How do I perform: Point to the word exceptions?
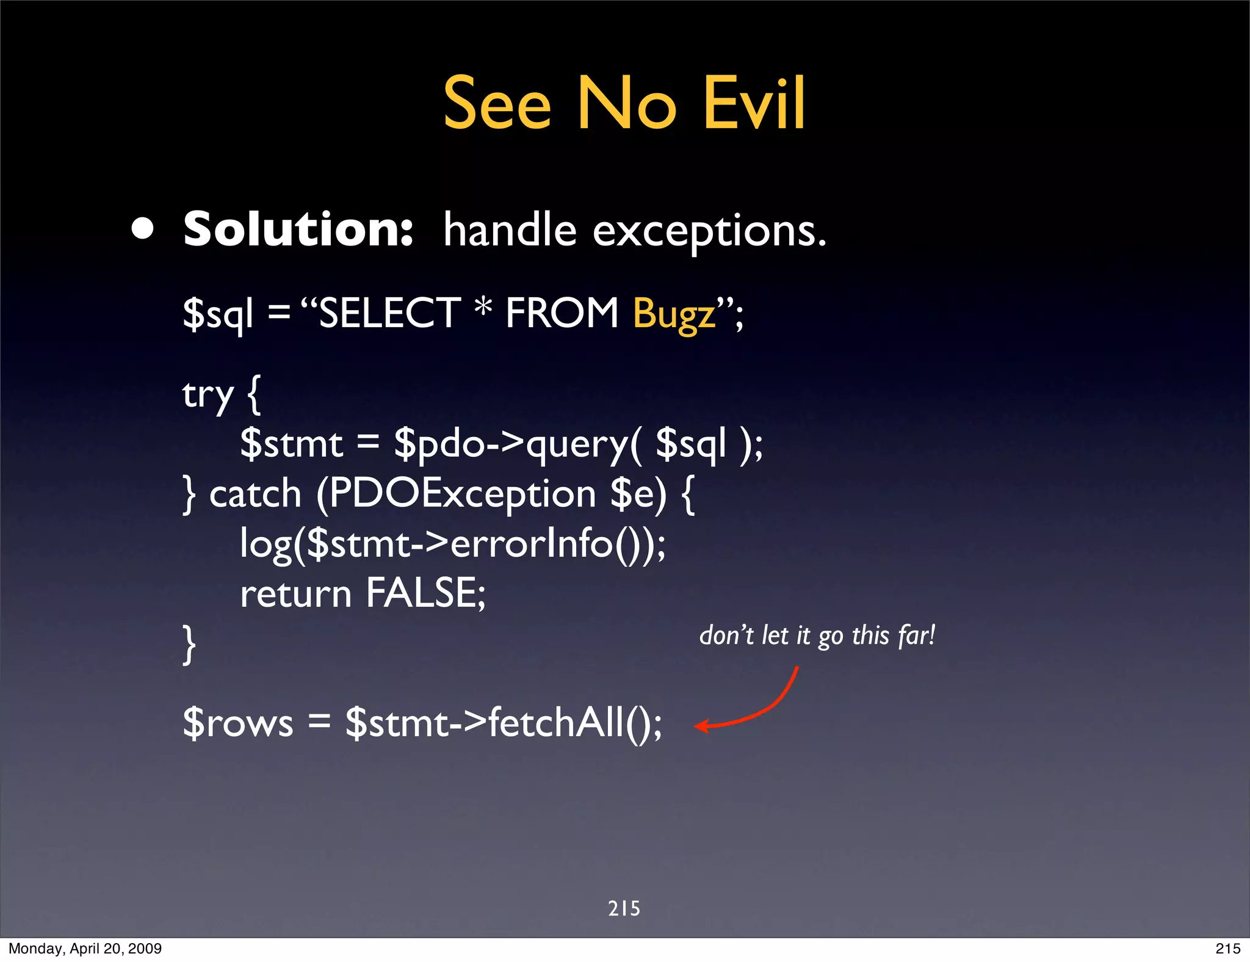tap(709, 232)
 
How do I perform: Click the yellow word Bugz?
tap(674, 314)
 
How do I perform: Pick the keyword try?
tap(208, 396)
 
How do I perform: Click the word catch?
tap(256, 494)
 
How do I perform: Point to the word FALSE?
tap(425, 593)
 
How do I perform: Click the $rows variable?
tap(238, 723)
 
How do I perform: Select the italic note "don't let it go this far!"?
tap(817, 636)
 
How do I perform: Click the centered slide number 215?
tap(624, 908)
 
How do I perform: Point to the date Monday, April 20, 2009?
tap(85, 949)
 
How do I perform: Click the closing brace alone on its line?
tap(190, 644)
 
